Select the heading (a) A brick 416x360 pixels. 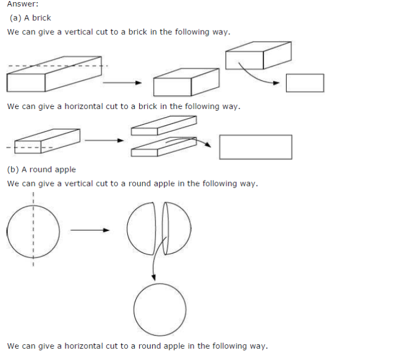pyautogui.click(x=30, y=18)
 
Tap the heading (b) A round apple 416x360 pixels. pyautogui.click(x=42, y=170)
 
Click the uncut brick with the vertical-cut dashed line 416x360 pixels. pyautogui.click(x=54, y=74)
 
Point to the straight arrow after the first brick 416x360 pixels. pyautogui.click(x=122, y=83)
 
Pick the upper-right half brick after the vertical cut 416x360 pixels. pyautogui.click(x=258, y=55)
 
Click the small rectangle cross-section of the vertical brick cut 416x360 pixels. pyautogui.click(x=305, y=83)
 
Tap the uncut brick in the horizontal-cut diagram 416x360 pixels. pyautogui.click(x=47, y=140)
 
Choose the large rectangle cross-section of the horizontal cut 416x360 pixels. pyautogui.click(x=256, y=147)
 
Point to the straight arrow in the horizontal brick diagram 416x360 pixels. pyautogui.click(x=105, y=140)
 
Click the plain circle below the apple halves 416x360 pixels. pyautogui.click(x=160, y=310)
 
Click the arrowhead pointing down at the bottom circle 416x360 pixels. pyautogui.click(x=154, y=278)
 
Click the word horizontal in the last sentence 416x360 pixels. pyautogui.click(x=85, y=346)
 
